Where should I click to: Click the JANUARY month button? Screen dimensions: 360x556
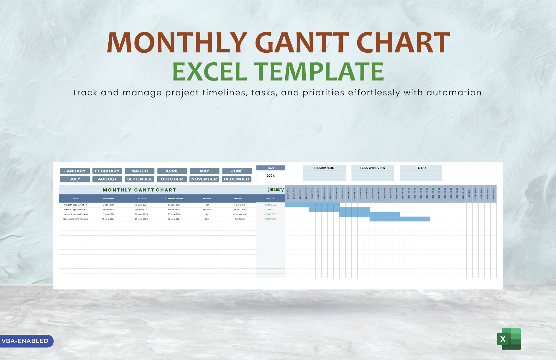75,171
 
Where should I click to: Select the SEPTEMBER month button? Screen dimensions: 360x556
139,179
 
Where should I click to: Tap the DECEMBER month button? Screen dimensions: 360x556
237,179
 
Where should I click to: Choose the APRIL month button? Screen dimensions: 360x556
172,171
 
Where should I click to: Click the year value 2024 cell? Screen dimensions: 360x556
270,176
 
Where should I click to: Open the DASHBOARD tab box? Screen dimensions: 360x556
324,173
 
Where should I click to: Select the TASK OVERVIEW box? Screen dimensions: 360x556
372,173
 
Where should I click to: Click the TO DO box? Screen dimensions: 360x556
421,173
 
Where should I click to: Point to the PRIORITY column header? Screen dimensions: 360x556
207,199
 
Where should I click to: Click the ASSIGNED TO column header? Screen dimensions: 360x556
240,199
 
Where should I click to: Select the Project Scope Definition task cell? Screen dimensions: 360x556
76,205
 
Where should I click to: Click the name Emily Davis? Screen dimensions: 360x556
240,205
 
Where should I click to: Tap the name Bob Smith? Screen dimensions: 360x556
240,219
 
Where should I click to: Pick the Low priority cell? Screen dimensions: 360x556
207,219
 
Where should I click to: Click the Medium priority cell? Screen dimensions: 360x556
207,210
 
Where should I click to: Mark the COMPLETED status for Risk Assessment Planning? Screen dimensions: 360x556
270,219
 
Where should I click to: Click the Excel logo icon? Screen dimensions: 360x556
509,339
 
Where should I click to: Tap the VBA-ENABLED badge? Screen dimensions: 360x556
25,341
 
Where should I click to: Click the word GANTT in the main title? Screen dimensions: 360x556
301,42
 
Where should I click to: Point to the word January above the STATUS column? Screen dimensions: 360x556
276,189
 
